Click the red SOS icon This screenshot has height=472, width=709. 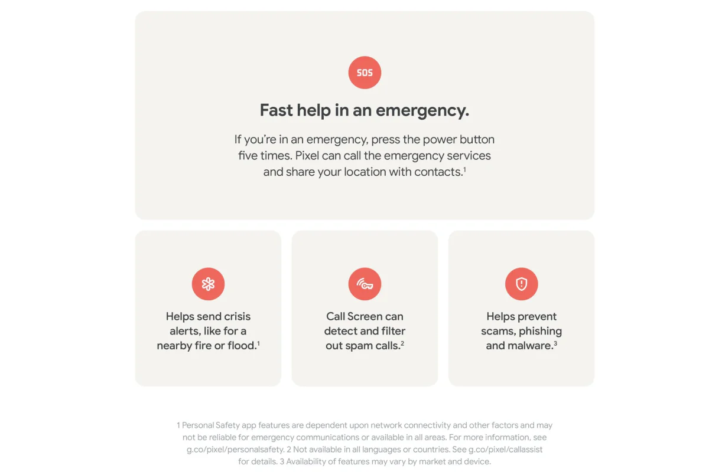[365, 73]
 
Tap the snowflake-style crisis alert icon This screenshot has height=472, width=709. [208, 284]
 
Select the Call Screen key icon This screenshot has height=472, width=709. [365, 284]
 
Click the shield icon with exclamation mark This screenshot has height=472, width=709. [521, 284]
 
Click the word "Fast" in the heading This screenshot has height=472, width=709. [276, 110]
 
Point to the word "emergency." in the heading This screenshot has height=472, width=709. [422, 111]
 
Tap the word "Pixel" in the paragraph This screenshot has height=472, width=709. [307, 156]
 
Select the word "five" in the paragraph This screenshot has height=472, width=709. [248, 156]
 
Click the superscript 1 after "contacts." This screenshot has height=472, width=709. [464, 169]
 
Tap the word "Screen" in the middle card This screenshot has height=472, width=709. [365, 316]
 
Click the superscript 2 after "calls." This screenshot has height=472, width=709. [402, 343]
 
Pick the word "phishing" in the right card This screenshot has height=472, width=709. [540, 331]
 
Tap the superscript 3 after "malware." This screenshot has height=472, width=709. [555, 343]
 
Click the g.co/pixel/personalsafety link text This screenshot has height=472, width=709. [235, 450]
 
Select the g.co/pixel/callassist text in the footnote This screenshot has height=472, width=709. [506, 450]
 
